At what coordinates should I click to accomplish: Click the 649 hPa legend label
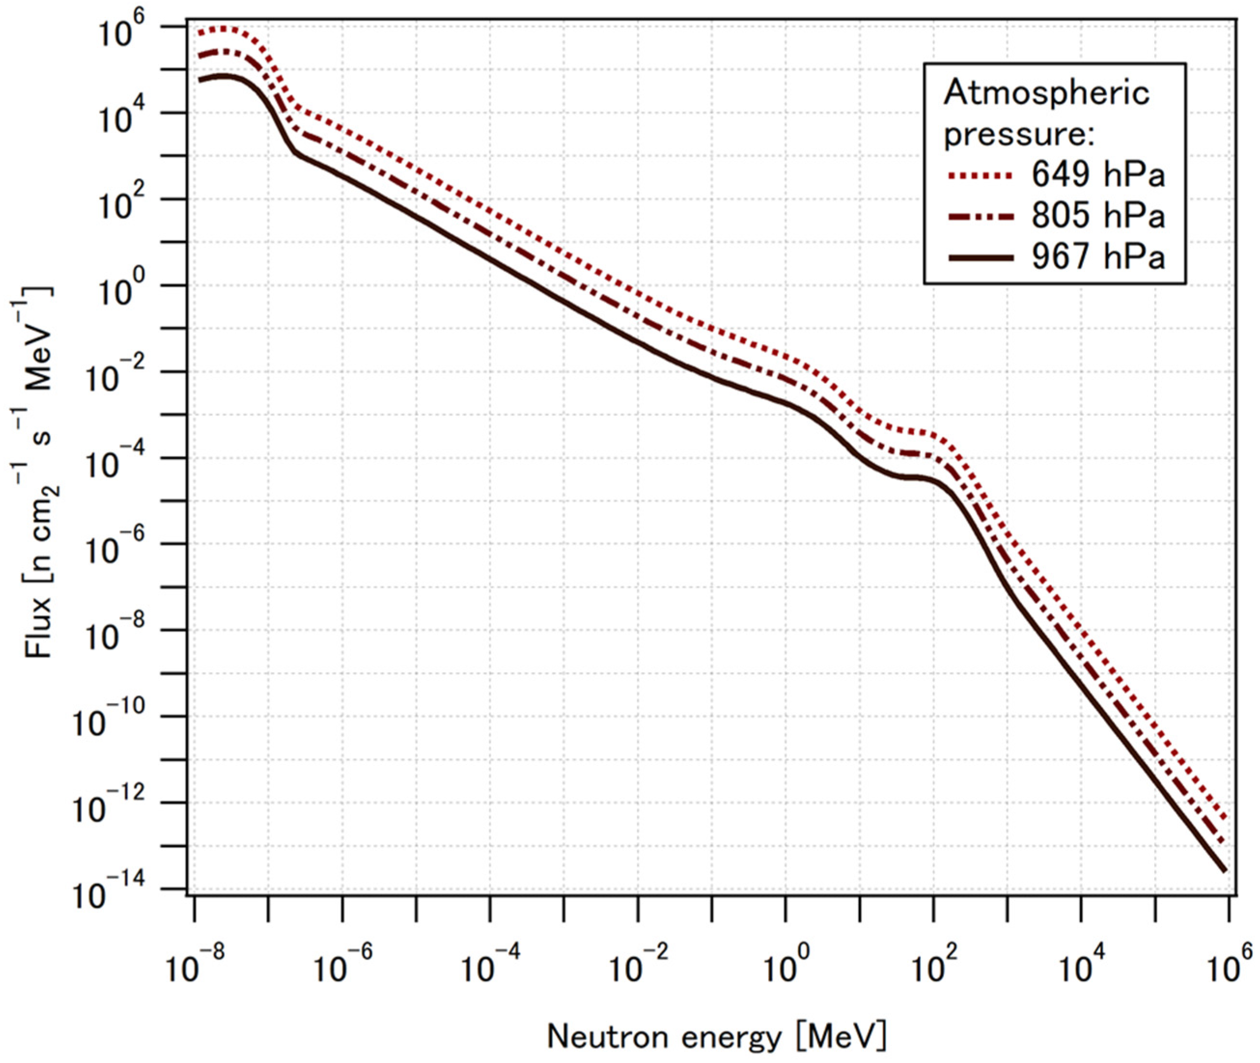[1098, 175]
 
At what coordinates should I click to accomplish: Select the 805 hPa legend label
[1098, 216]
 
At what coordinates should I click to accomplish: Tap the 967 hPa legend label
[1098, 257]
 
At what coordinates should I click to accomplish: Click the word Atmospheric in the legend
[1047, 94]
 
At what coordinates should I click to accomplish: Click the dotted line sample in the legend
[981, 175]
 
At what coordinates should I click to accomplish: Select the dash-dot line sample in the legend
[981, 216]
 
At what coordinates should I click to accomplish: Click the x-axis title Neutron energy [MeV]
[717, 1038]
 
